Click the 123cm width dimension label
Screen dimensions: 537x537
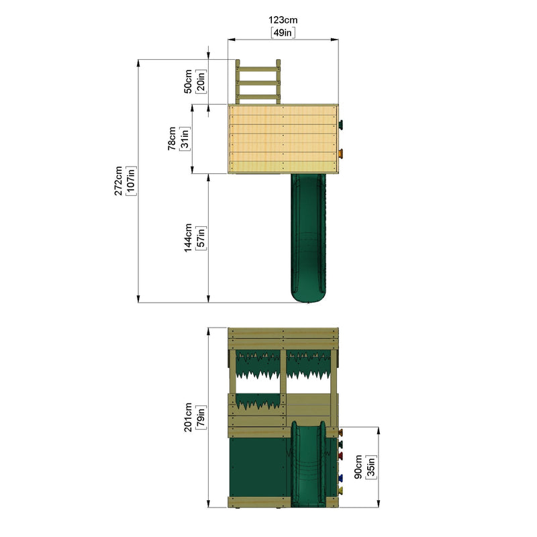point(283,21)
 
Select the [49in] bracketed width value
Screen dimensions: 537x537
point(283,32)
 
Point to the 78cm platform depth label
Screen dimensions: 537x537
point(173,139)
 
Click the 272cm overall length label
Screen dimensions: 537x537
point(118,181)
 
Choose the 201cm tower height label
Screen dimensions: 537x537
point(189,417)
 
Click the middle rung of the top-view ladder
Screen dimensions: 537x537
point(258,83)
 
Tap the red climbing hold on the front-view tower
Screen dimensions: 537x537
point(340,456)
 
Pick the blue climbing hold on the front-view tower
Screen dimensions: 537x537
point(340,478)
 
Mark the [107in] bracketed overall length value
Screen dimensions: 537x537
point(130,181)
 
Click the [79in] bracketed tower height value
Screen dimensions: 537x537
point(201,417)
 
